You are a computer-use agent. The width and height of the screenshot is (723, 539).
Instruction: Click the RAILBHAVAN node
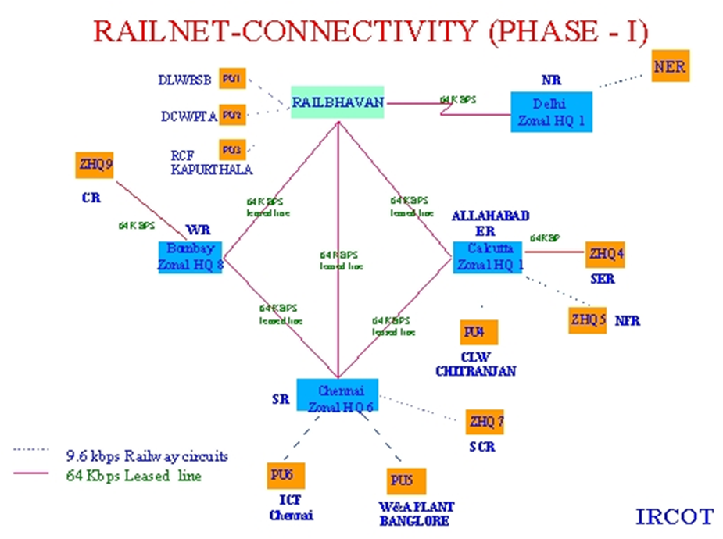tap(338, 102)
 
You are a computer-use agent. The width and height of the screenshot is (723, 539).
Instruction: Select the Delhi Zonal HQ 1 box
tap(552, 112)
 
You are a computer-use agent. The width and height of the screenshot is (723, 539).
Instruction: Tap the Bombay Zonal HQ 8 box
tap(189, 256)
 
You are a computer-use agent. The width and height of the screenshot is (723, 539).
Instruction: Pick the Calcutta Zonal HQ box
tap(488, 257)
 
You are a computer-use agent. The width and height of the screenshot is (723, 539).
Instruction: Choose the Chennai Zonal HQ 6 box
tap(337, 396)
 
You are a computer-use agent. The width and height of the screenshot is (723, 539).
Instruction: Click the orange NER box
tap(670, 66)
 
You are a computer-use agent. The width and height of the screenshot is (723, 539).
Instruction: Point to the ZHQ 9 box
tap(95, 165)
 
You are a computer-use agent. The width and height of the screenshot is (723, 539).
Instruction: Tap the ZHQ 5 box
tap(588, 319)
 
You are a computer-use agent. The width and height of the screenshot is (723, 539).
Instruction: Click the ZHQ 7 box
tap(486, 422)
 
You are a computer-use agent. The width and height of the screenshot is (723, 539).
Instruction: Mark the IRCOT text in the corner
tap(674, 516)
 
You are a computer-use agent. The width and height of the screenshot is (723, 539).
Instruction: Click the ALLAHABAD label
tap(491, 216)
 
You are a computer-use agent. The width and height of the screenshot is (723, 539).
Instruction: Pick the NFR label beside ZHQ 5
tap(627, 320)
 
